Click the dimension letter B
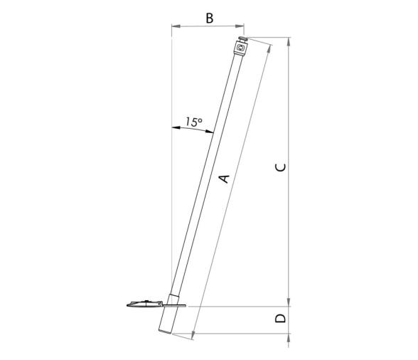click(x=209, y=18)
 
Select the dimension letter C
click(x=281, y=168)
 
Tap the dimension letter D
click(x=282, y=318)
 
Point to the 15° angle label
click(x=193, y=122)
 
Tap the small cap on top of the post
click(x=243, y=40)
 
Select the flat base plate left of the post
click(x=142, y=305)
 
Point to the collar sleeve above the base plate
click(x=173, y=297)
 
